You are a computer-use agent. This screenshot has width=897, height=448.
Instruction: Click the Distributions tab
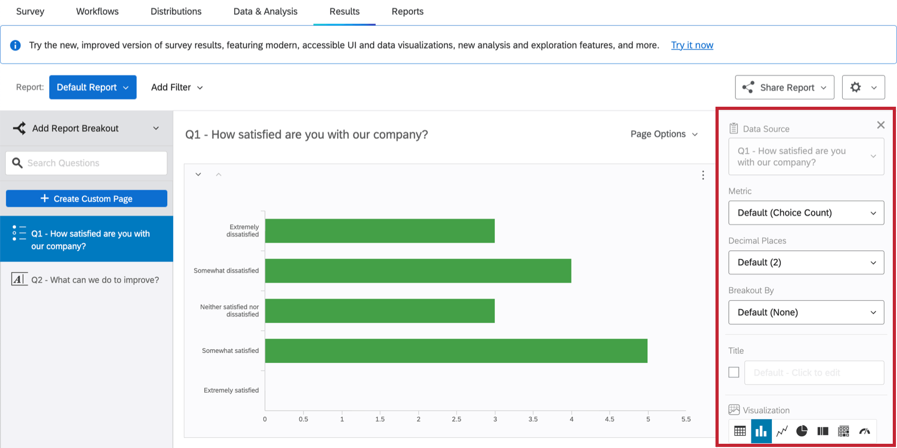coord(176,12)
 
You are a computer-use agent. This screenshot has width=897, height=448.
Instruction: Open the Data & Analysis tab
coord(265,12)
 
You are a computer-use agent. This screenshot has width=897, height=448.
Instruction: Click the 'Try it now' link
coord(692,45)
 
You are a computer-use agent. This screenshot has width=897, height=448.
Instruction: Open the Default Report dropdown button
coord(93,87)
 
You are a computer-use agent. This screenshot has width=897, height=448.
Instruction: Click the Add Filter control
coord(177,87)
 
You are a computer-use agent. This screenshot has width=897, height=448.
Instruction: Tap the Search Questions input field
coord(87,163)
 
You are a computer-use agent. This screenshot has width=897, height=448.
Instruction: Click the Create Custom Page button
coord(87,199)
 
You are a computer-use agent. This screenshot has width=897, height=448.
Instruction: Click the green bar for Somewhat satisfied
coord(456,351)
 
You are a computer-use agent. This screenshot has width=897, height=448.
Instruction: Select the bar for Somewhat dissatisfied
coord(418,270)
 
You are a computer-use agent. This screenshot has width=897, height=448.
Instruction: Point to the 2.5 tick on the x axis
coord(456,419)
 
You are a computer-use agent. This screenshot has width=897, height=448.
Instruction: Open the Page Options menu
coord(664,134)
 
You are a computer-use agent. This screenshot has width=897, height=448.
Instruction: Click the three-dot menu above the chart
coord(703,175)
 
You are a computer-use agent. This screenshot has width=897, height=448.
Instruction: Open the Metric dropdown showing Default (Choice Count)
coord(806,213)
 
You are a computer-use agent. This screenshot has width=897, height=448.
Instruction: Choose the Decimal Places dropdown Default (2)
coord(806,263)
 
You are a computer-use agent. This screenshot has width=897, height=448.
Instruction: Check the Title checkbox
coord(733,372)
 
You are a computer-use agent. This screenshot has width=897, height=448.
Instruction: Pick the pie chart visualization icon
coord(802,431)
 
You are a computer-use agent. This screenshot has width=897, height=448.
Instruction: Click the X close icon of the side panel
coord(881,125)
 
